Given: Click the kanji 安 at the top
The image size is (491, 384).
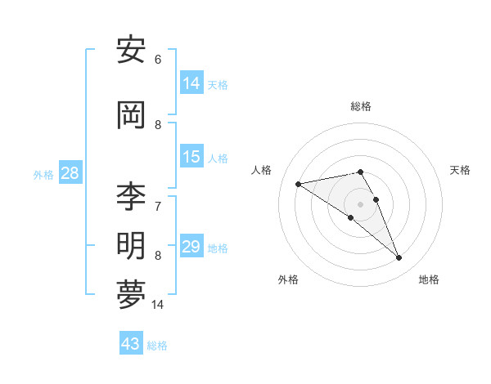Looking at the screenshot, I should pos(131,52).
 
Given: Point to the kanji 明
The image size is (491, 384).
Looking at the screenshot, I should pos(131,246).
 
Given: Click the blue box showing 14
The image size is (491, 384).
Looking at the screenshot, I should pos(191,83).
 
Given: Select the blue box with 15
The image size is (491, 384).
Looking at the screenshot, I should pos(191,157).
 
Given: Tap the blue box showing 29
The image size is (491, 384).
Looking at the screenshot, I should pos(191,247).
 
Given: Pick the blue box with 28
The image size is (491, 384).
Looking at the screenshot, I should pos(70,173).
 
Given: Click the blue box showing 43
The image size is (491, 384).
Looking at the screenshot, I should pos(131,344).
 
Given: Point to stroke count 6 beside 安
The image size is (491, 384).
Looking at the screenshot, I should pos(158,60).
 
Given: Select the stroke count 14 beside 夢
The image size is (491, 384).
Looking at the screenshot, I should pos(158,305).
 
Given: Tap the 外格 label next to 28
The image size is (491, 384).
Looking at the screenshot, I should pos(43,174).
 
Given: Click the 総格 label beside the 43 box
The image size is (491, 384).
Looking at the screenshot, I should pos(157,346).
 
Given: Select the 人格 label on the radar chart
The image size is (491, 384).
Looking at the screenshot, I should pos(262,170).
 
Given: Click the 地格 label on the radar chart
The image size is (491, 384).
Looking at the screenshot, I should pos(429,279).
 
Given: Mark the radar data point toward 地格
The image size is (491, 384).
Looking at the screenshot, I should pos(399,258).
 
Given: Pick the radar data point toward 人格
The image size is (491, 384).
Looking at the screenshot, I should pos(299,184).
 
